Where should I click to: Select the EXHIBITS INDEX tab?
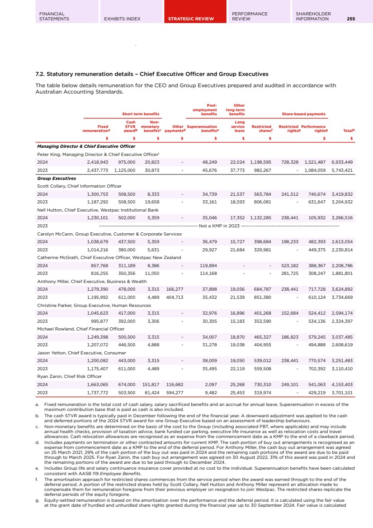(122, 19)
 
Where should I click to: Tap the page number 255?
(351, 19)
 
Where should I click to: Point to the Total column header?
(348, 131)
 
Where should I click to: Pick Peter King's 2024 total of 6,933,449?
(342, 162)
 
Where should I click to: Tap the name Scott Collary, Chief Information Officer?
(79, 186)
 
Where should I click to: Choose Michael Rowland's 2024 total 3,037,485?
(342, 337)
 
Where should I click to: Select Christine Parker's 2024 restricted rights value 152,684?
(288, 313)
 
